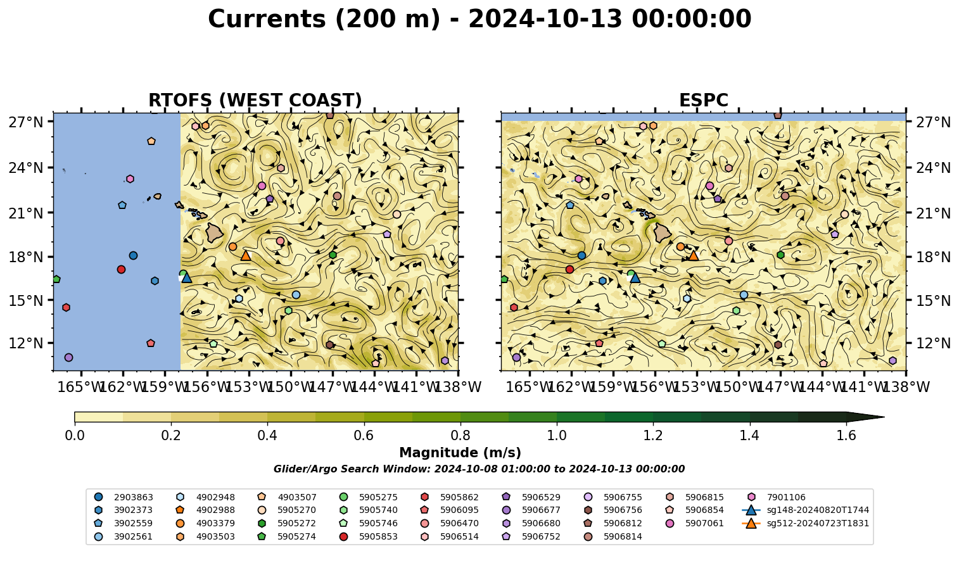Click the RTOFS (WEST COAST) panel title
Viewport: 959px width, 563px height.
point(255,100)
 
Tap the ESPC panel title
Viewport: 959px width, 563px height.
point(703,100)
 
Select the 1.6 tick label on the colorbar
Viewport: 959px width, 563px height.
point(846,436)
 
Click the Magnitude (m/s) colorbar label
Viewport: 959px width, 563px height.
point(460,453)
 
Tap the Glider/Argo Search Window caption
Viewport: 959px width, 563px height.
point(479,469)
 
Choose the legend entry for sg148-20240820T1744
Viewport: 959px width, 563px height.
point(805,510)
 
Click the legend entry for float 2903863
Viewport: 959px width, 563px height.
point(124,497)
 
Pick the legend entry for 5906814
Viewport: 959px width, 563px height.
point(613,536)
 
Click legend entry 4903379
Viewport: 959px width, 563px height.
point(205,523)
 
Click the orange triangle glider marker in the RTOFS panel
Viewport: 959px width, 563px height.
point(245,256)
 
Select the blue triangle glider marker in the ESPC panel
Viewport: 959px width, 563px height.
point(635,278)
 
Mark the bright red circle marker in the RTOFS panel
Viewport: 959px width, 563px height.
point(121,269)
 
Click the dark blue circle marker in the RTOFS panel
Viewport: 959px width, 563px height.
point(133,256)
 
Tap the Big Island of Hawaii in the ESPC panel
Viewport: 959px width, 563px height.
point(663,233)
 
